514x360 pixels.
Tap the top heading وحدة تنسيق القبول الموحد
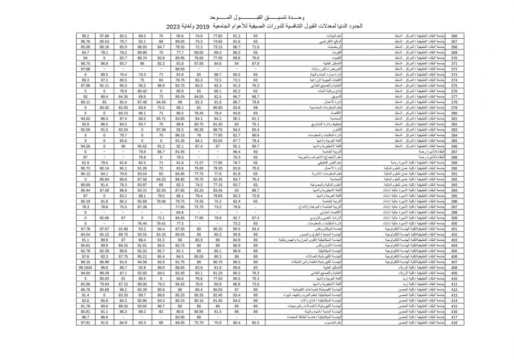[x=256, y=18]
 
